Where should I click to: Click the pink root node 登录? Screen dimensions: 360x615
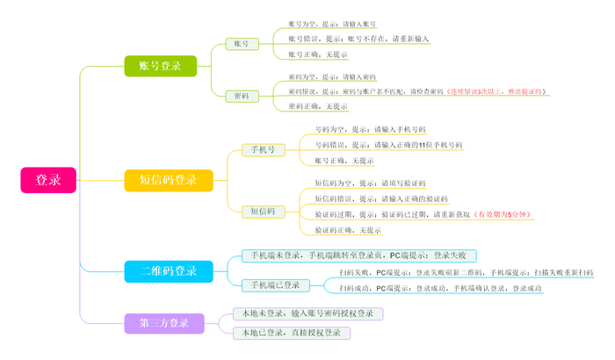[x=48, y=179]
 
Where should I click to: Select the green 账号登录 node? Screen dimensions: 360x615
[x=160, y=65]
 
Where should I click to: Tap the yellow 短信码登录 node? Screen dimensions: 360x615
[x=169, y=180]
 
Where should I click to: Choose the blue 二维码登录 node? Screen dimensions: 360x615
[x=169, y=271]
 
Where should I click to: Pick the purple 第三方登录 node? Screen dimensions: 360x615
[x=164, y=323]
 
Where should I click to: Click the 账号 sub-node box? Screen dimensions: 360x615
[x=242, y=44]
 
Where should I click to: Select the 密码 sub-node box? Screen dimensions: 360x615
[x=242, y=96]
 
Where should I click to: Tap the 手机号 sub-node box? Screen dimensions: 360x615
[x=264, y=150]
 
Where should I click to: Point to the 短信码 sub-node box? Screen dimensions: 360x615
[x=264, y=212]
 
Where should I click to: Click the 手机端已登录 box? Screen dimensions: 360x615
[x=275, y=285]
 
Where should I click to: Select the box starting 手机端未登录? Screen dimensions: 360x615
[x=359, y=256]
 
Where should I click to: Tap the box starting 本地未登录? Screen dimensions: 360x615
[x=307, y=313]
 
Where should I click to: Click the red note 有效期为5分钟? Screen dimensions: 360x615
[x=503, y=214]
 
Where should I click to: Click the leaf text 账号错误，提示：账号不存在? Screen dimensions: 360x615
[x=359, y=39]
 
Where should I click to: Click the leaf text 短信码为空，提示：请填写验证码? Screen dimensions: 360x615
[x=370, y=184]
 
